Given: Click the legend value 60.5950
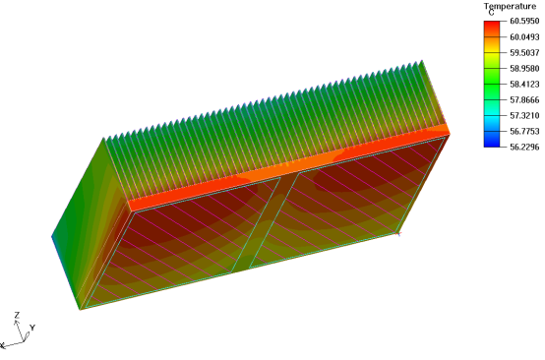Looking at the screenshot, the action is [524, 22].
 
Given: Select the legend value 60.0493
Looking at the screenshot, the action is [524, 37].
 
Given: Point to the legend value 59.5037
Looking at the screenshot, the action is [524, 53].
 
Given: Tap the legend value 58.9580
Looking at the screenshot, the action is [524, 69].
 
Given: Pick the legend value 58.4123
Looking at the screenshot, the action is [524, 85].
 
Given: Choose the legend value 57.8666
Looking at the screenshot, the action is [524, 100].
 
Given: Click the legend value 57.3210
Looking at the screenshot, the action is [524, 116].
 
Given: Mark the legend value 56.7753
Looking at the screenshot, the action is [524, 132].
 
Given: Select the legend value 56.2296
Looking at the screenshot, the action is [524, 147].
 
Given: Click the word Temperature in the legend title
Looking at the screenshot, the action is [510, 6].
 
